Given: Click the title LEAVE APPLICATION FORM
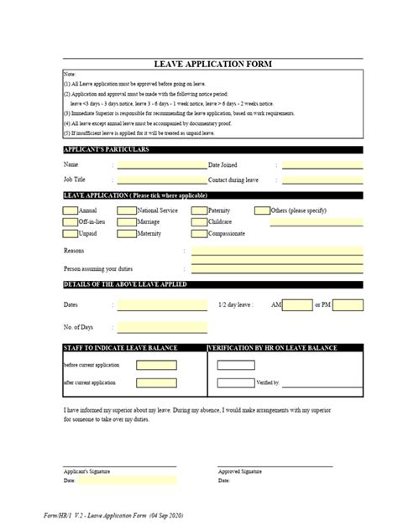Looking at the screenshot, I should tap(212, 64).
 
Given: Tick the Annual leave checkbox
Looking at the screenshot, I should tap(70, 210).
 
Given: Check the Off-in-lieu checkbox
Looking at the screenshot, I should tap(70, 221).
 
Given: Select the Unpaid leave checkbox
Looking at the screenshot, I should tap(70, 233).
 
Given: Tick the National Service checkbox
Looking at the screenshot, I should tap(127, 210).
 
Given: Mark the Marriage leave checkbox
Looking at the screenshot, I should tap(127, 221).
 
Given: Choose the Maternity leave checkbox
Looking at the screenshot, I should tap(127, 233).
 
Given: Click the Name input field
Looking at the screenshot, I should tap(161, 165).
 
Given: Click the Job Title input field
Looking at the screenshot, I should tap(161, 179).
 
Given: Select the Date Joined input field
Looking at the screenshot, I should tap(322, 165).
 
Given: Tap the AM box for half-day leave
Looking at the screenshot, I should tap(296, 305).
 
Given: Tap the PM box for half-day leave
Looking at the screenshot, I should tap(349, 305).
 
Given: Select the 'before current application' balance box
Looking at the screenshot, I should tap(157, 366).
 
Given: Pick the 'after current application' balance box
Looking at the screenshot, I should tap(157, 382).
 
